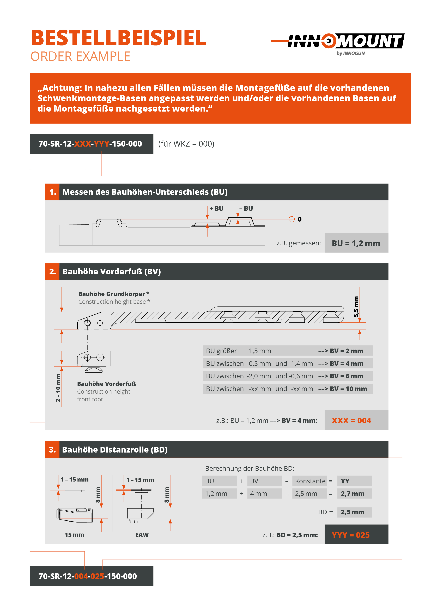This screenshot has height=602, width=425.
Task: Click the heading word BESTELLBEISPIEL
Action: pyautogui.click(x=119, y=38)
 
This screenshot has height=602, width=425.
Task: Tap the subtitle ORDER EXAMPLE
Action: pyautogui.click(x=80, y=56)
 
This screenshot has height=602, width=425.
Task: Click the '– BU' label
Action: pyautogui.click(x=246, y=209)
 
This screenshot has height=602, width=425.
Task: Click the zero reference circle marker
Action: pyautogui.click(x=292, y=219)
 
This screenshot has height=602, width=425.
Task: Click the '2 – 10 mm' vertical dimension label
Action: pyautogui.click(x=58, y=387)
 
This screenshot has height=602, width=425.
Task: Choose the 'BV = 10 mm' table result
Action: pyautogui.click(x=348, y=389)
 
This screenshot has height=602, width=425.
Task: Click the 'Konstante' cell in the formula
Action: pyautogui.click(x=310, y=481)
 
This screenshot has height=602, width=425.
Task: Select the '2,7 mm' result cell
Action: pyautogui.click(x=353, y=494)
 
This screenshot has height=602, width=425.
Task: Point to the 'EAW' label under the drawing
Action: pyautogui.click(x=142, y=535)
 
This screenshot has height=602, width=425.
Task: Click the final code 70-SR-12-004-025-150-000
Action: pyautogui.click(x=88, y=576)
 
